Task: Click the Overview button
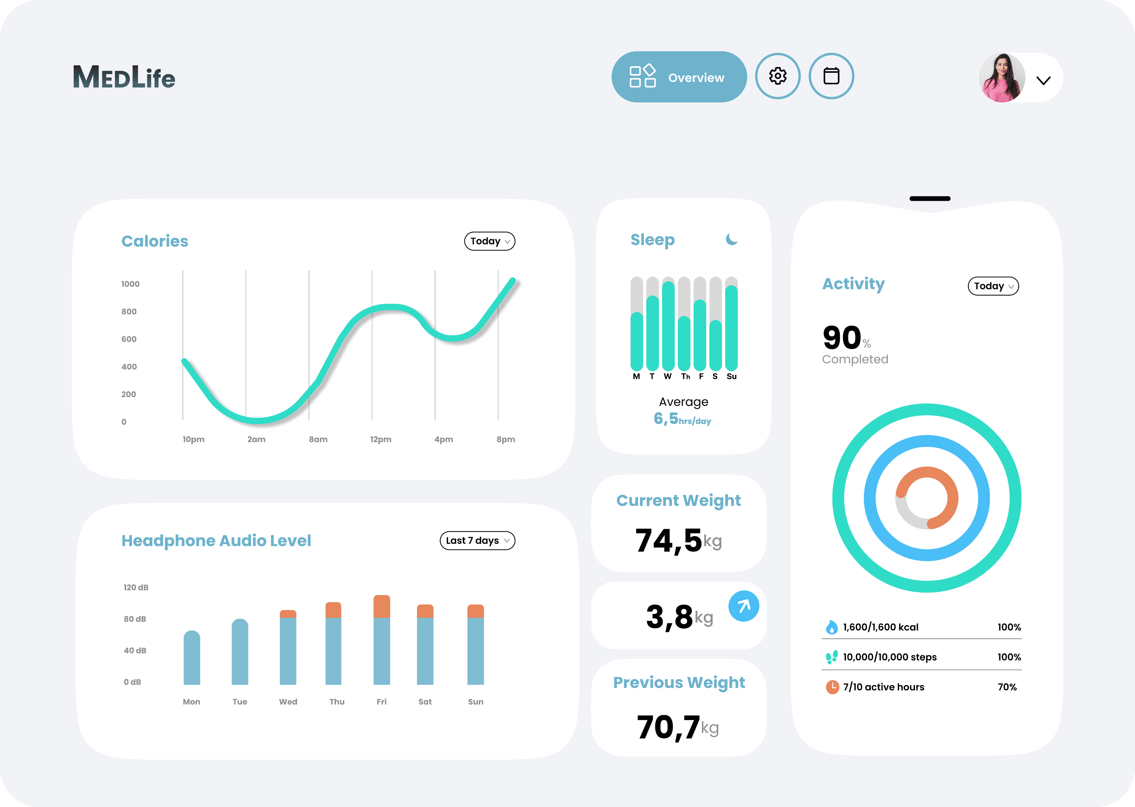[x=679, y=77]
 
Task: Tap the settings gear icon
[x=778, y=76]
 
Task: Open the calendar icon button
[x=831, y=76]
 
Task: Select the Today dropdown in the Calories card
[x=489, y=241]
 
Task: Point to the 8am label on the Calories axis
[x=318, y=439]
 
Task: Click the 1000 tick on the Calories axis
[x=130, y=284]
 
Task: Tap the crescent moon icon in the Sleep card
[x=732, y=240]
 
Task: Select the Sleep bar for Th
[x=684, y=343]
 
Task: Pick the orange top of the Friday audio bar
[x=382, y=606]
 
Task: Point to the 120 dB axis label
[x=136, y=587]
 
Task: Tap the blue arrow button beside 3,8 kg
[x=743, y=606]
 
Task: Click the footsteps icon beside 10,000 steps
[x=831, y=657]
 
